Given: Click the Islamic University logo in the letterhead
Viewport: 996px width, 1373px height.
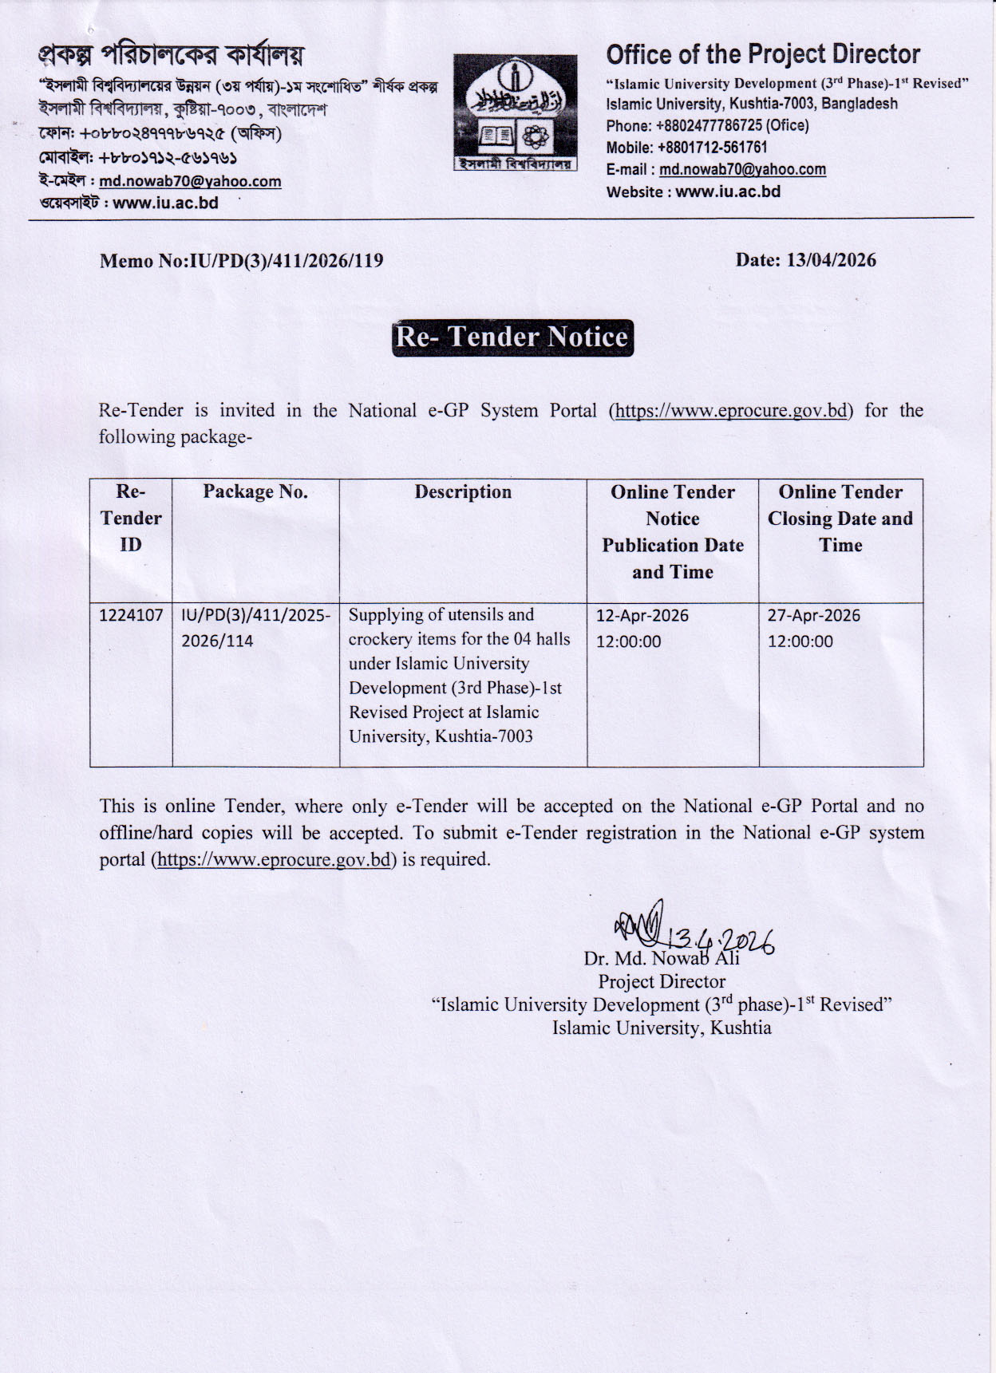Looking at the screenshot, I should [x=516, y=112].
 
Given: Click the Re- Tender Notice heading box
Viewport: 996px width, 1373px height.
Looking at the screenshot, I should [x=512, y=337].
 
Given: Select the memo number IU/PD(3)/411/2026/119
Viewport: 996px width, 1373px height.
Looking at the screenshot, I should [x=284, y=261].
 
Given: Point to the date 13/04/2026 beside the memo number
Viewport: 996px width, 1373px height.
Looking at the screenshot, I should [x=831, y=260].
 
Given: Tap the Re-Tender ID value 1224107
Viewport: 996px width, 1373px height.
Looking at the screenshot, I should [x=131, y=615].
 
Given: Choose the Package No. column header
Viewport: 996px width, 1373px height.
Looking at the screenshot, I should [x=255, y=491].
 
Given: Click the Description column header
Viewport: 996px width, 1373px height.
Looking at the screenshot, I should [x=463, y=491].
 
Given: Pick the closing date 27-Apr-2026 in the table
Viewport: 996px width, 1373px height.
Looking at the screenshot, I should [x=813, y=615].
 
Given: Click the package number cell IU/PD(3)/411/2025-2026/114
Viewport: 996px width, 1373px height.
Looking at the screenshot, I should [x=255, y=627].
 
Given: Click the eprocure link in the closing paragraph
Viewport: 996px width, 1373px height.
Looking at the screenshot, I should [x=274, y=859].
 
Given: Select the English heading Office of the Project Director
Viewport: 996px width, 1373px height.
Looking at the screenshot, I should [x=763, y=54].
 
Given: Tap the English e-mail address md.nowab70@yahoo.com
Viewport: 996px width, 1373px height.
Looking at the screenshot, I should [x=742, y=169].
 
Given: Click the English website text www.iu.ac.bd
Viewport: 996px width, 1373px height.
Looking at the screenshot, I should [x=728, y=191].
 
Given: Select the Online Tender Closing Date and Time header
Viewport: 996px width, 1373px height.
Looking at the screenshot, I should [x=840, y=519].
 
